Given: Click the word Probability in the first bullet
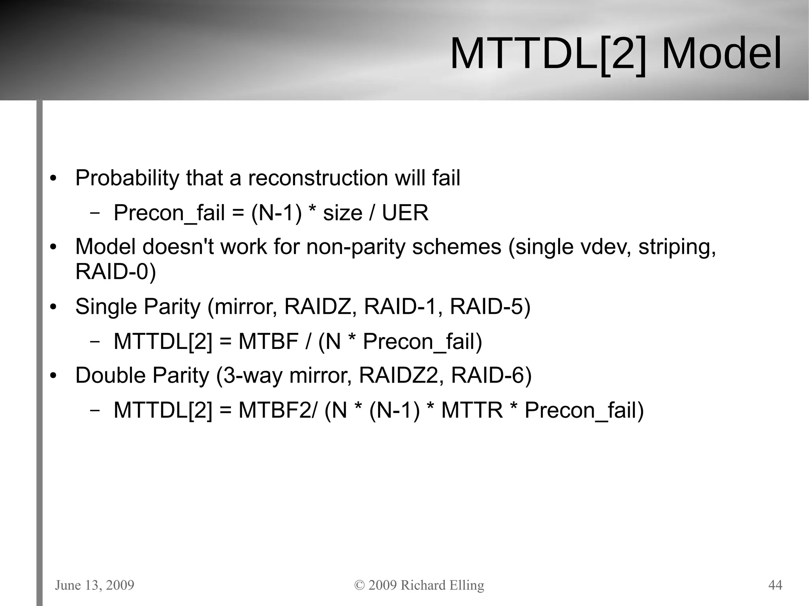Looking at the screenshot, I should (x=127, y=178).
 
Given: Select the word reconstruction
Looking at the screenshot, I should (x=318, y=178).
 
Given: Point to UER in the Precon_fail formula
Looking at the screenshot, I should (x=405, y=213).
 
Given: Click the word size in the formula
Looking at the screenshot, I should (x=342, y=213).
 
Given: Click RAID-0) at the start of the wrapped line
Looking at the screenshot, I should (x=116, y=272).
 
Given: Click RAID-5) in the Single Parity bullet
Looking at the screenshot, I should (x=490, y=307).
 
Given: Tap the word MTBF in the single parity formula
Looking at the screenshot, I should (x=268, y=341).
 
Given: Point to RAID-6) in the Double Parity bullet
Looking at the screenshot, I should (x=491, y=375).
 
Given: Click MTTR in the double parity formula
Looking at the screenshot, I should (x=472, y=410).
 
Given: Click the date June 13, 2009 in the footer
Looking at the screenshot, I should (x=95, y=585).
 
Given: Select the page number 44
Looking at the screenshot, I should (x=775, y=585).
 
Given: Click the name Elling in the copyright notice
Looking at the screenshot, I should (x=467, y=585).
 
